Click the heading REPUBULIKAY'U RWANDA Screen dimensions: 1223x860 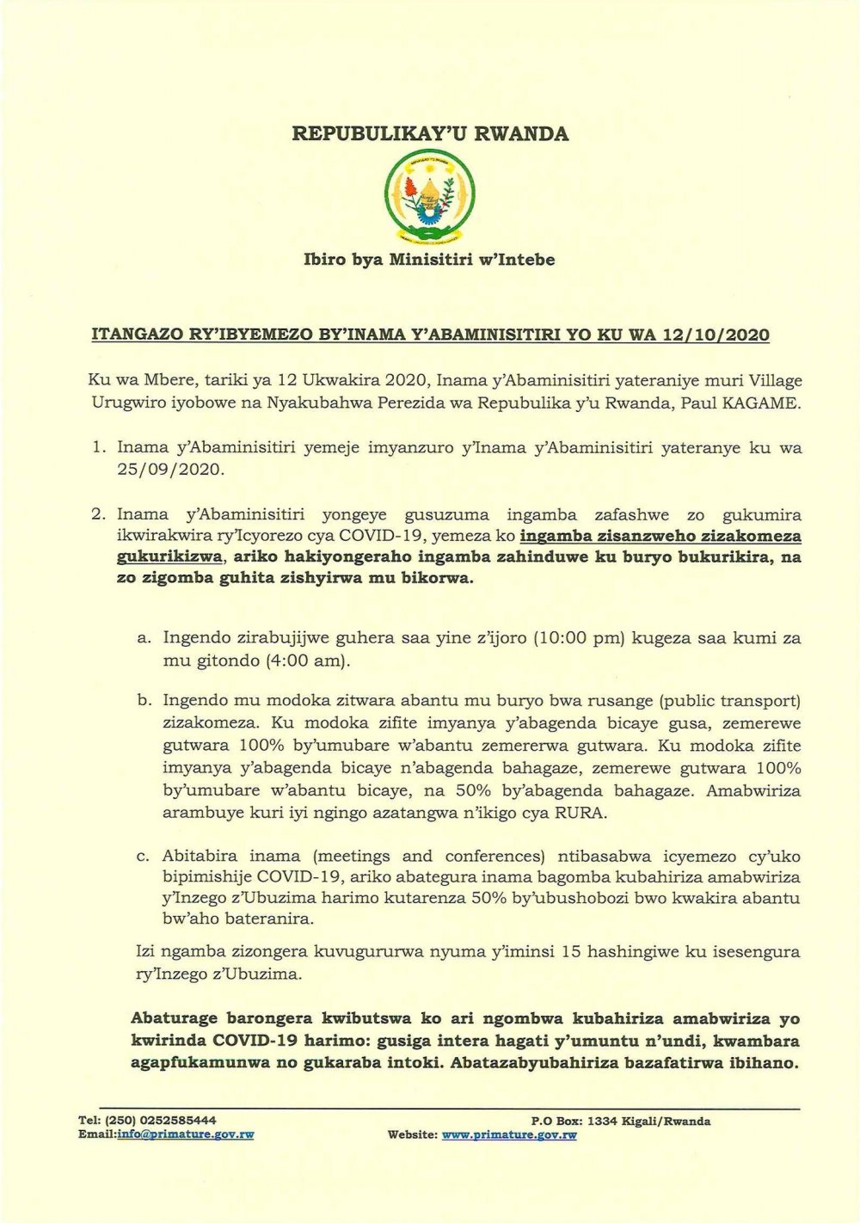click(x=430, y=133)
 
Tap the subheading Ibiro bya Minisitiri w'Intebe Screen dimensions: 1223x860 click(x=430, y=259)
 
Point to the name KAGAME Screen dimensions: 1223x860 click(x=767, y=403)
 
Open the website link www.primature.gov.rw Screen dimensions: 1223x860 click(x=508, y=1134)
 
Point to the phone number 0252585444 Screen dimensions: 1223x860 click(x=176, y=1121)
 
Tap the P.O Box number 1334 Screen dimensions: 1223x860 click(x=601, y=1121)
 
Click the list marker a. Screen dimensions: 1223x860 click(x=144, y=638)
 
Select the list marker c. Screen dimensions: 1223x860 click(x=143, y=856)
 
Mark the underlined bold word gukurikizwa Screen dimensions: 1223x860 click(x=169, y=556)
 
